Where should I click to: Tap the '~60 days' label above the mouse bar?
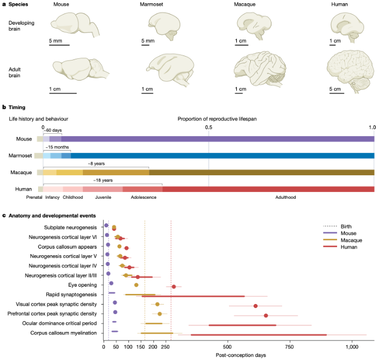pos(53,129)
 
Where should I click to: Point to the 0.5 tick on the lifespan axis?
pos(209,127)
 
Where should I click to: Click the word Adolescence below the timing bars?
pos(143,198)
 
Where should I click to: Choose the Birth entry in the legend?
pos(347,226)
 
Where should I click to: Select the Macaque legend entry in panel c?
pos(350,240)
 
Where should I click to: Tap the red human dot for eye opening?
pos(174,287)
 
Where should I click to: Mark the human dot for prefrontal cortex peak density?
pos(266,316)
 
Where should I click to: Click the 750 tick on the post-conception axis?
pos(289,348)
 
